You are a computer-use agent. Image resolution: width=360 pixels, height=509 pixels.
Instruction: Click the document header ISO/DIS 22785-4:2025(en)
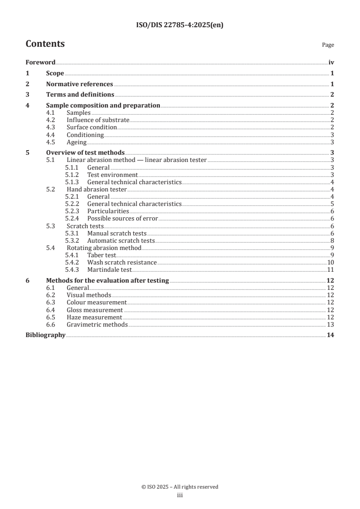(x=180, y=25)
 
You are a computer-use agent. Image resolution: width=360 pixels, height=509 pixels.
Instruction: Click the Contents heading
(x=45, y=44)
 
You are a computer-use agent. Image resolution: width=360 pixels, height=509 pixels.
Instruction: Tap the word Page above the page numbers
(x=328, y=45)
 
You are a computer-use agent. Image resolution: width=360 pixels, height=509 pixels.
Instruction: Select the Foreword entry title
(x=40, y=63)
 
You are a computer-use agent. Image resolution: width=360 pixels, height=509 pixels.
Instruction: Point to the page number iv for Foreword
(x=331, y=63)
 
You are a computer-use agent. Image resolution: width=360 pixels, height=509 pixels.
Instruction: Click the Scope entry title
(x=55, y=73)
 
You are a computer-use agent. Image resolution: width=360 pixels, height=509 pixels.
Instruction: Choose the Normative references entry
(x=79, y=84)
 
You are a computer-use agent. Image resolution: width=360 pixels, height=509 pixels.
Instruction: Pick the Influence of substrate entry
(x=98, y=120)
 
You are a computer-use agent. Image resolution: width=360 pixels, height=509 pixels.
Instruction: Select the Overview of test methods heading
(x=85, y=153)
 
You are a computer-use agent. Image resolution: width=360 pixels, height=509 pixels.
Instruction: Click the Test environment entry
(x=112, y=175)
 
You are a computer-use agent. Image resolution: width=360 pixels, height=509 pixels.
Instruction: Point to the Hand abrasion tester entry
(x=97, y=189)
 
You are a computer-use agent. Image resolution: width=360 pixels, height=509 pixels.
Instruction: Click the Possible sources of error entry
(x=123, y=218)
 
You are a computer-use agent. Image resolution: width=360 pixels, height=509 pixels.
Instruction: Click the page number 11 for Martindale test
(x=331, y=269)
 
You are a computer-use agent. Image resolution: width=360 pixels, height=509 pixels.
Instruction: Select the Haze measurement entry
(x=94, y=317)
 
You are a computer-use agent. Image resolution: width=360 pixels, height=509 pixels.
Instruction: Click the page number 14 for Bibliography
(x=331, y=335)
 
